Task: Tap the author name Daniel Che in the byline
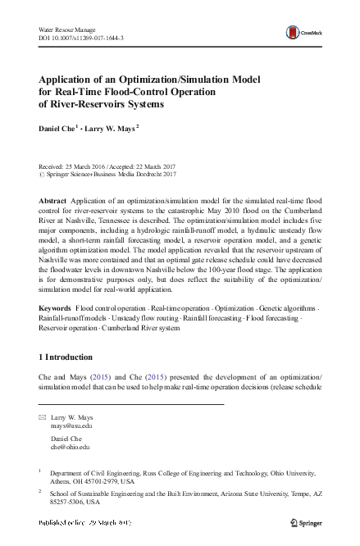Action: click(57, 129)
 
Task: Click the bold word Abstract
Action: click(55, 201)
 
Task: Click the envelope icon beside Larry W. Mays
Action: click(43, 418)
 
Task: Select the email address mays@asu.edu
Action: click(71, 426)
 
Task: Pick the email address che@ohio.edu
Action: click(70, 448)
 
